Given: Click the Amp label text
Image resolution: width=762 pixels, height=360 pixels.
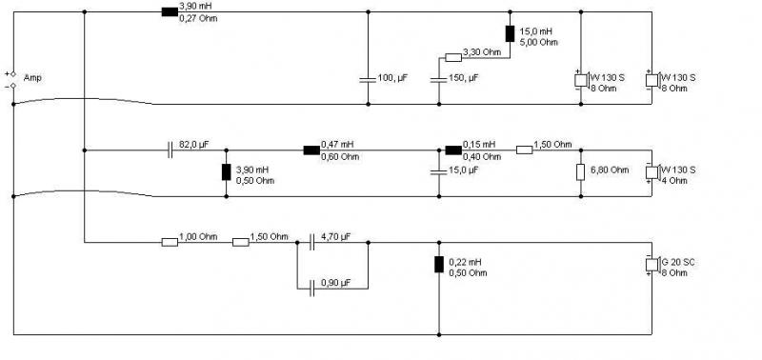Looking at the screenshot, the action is click(x=32, y=78).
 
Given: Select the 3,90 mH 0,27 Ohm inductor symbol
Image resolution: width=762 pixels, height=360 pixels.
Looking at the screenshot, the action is click(x=170, y=11).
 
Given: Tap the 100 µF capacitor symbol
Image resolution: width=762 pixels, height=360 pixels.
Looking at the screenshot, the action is click(x=368, y=79).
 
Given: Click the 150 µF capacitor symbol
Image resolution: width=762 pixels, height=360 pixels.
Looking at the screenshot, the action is click(x=439, y=79).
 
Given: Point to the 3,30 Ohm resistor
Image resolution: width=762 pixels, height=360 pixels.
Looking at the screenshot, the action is click(x=453, y=58).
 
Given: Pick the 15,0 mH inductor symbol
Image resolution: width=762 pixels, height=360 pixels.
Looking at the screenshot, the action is click(x=510, y=33).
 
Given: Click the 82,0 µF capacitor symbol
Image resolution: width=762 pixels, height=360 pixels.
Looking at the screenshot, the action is click(x=170, y=150).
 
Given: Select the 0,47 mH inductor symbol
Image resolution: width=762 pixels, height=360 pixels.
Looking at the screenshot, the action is click(x=311, y=150).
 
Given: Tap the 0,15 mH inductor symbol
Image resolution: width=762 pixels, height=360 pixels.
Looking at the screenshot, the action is click(x=453, y=150).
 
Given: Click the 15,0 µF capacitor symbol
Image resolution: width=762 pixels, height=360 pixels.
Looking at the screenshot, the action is click(x=439, y=171).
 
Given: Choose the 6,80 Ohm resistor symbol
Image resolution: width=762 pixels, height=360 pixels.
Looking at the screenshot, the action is click(x=581, y=172).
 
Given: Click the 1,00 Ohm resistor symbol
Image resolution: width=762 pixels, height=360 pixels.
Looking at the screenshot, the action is click(x=170, y=242).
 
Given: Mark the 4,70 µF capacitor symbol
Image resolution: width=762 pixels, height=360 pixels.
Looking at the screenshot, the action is click(x=311, y=242).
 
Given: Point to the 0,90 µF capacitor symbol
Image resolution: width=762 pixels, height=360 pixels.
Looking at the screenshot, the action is click(x=311, y=289).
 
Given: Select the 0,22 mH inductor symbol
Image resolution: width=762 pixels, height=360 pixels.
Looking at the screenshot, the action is click(x=439, y=264).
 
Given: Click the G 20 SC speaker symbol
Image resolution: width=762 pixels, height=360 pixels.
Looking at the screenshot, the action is click(x=652, y=265).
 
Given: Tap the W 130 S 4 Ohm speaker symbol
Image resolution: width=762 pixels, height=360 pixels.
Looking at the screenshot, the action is click(x=652, y=172).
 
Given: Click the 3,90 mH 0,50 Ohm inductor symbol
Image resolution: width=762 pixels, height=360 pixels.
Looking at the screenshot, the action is click(x=226, y=172).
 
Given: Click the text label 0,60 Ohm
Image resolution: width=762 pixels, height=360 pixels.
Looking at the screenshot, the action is click(x=340, y=156).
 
